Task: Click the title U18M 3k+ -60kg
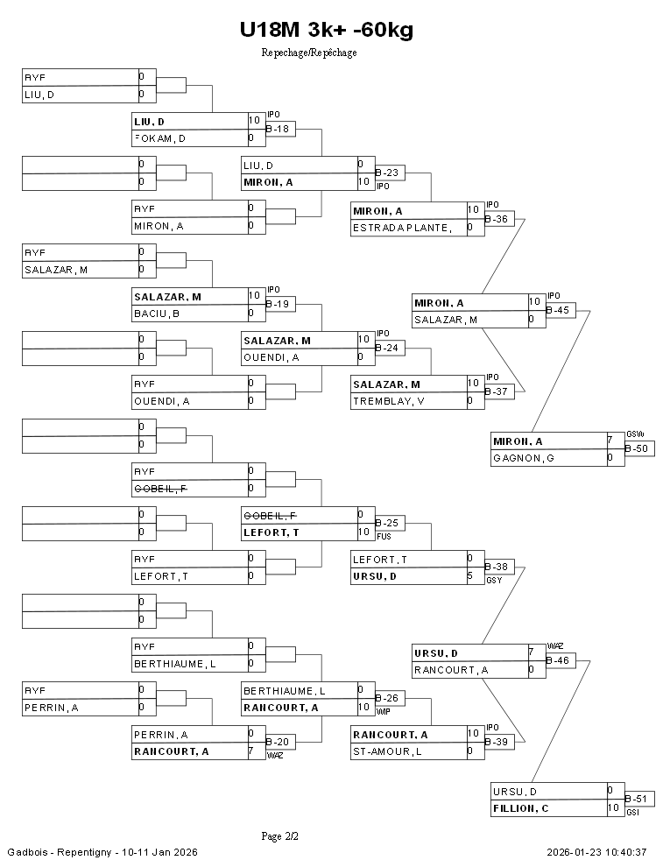tap(326, 30)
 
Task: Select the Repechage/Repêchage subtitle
tap(309, 53)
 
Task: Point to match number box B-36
tap(497, 219)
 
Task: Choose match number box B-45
tap(561, 310)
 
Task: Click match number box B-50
tap(639, 448)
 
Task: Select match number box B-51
tap(639, 799)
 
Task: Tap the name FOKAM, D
tap(159, 138)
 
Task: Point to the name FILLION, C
tap(521, 808)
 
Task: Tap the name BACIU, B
tap(156, 314)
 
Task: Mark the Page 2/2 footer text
tap(280, 836)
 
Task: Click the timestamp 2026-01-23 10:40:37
tap(596, 852)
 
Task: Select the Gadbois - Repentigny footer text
tap(102, 852)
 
